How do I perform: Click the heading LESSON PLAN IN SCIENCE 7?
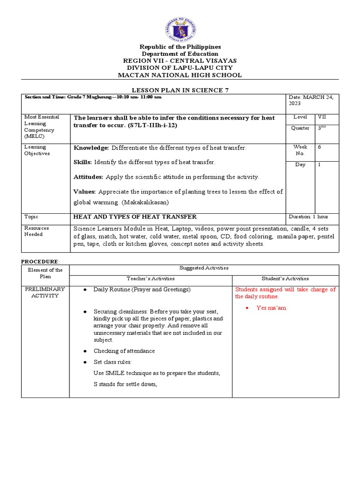[x=180, y=90]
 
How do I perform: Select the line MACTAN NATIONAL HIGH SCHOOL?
[x=180, y=75]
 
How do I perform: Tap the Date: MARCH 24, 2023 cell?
[x=312, y=100]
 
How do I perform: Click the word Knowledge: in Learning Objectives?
[x=91, y=148]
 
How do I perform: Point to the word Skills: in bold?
[x=83, y=162]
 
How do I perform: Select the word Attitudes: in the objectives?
[x=89, y=177]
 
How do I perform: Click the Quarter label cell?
[x=300, y=128]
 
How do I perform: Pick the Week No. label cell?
[x=300, y=150]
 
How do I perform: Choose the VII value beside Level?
[x=322, y=117]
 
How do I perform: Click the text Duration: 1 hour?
[x=312, y=217]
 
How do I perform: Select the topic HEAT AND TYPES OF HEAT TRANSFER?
[x=135, y=217]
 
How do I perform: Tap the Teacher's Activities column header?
[x=150, y=278]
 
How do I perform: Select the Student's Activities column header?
[x=285, y=278]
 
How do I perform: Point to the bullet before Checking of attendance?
[x=84, y=351]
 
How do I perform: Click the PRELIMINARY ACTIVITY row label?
[x=45, y=292]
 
